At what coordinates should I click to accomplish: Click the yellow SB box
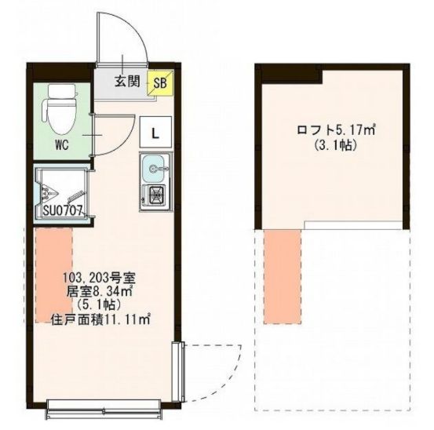pyautogui.click(x=160, y=82)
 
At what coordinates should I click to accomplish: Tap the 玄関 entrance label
pyautogui.click(x=127, y=82)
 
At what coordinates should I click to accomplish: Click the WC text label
pyautogui.click(x=62, y=145)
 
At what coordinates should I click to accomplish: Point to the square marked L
pyautogui.click(x=156, y=132)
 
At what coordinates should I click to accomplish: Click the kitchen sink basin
pyautogui.click(x=155, y=168)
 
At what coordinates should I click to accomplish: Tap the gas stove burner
pyautogui.click(x=156, y=195)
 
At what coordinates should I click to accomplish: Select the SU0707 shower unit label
pyautogui.click(x=63, y=211)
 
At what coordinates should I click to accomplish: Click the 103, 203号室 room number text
pyautogui.click(x=99, y=278)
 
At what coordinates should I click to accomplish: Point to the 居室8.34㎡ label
pyautogui.click(x=99, y=291)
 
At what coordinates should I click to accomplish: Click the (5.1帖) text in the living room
pyautogui.click(x=99, y=304)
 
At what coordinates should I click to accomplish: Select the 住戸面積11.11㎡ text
pyautogui.click(x=100, y=319)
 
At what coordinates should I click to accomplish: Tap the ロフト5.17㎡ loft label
pyautogui.click(x=336, y=129)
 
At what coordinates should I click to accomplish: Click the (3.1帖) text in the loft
pyautogui.click(x=335, y=144)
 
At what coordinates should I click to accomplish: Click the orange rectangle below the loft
pyautogui.click(x=283, y=276)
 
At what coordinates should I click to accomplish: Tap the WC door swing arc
pyautogui.click(x=125, y=140)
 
